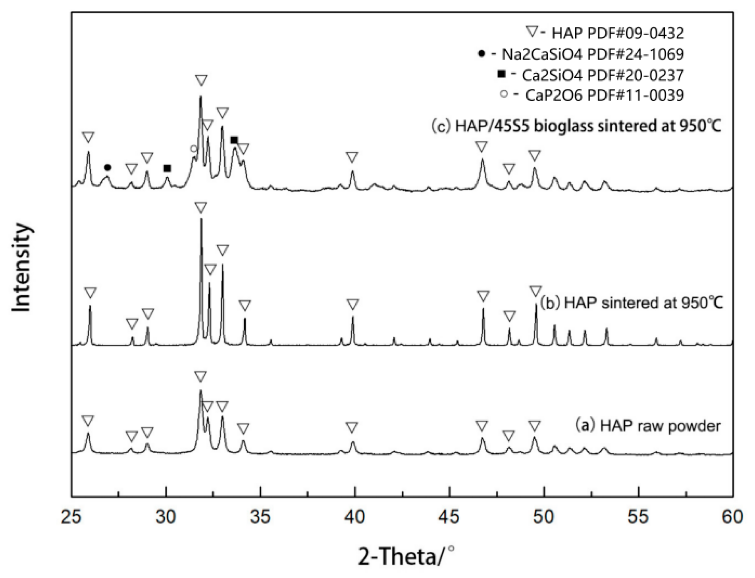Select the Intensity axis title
click(22, 268)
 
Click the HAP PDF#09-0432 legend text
click(618, 33)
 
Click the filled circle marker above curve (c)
click(107, 168)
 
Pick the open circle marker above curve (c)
click(193, 149)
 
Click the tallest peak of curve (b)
click(201, 220)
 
